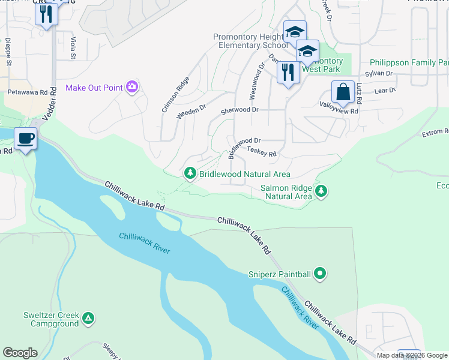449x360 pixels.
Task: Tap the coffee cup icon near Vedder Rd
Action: point(26,139)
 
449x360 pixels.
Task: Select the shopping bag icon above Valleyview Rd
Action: point(343,93)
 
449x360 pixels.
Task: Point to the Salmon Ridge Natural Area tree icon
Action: point(322,191)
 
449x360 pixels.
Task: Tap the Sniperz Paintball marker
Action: point(320,274)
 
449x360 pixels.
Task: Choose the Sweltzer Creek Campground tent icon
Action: point(88,318)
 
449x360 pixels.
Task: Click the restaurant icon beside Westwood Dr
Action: point(288,73)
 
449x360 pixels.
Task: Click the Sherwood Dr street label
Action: point(240,110)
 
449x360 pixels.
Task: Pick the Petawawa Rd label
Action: point(27,93)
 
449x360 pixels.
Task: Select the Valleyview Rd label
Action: point(338,111)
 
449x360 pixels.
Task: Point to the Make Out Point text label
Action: point(94,88)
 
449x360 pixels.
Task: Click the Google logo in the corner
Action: point(20,353)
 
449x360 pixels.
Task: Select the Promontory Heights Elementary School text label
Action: point(250,41)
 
